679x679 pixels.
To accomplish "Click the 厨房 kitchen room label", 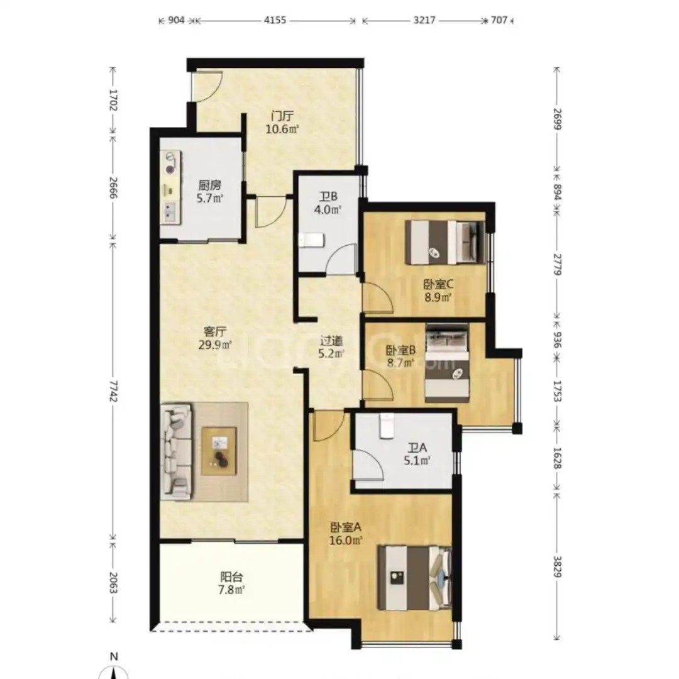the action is click(210, 191).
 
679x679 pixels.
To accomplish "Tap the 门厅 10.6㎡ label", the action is click(282, 123).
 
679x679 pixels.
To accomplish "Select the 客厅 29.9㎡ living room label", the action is click(215, 338).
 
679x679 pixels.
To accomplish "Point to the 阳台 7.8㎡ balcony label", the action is click(231, 583).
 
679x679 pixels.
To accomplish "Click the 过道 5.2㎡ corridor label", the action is click(331, 347).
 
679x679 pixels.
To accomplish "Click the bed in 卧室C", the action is click(444, 242).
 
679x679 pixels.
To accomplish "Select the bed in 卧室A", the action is click(414, 578).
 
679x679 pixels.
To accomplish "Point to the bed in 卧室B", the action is click(448, 363).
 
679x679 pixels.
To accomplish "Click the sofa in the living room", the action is click(176, 451).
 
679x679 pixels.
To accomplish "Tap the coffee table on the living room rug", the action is click(219, 451).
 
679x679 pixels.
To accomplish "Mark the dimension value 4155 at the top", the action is click(275, 20).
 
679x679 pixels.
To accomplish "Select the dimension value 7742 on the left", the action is click(113, 391).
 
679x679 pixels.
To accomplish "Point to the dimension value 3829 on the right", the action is click(557, 566).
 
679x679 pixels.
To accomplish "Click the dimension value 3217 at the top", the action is click(424, 20).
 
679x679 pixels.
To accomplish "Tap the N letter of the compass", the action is click(113, 656).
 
